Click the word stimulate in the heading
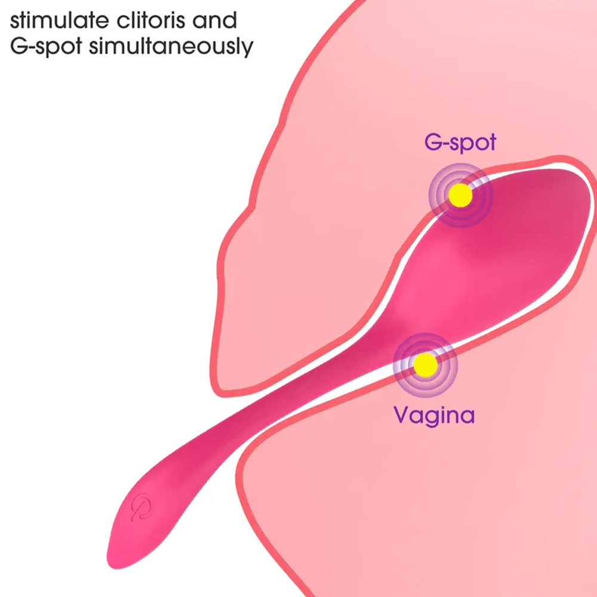(x=59, y=20)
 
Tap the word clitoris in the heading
(x=150, y=20)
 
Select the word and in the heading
(x=215, y=20)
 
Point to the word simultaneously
(x=171, y=47)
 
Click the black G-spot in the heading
(x=46, y=47)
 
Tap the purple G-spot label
(x=460, y=143)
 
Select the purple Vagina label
(x=434, y=416)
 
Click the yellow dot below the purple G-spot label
(x=460, y=195)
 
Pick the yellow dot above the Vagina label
(x=425, y=365)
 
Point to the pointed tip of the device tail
(x=109, y=565)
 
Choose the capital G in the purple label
(x=433, y=141)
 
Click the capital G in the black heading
(x=19, y=46)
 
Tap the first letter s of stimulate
(x=14, y=22)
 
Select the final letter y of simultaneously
(x=248, y=50)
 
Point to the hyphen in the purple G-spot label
(x=445, y=143)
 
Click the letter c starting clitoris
(x=122, y=22)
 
